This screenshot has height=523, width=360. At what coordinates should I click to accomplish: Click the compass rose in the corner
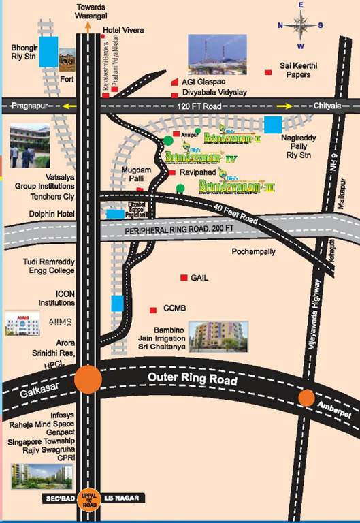(x=300, y=25)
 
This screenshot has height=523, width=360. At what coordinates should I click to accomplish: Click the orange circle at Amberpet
(x=306, y=398)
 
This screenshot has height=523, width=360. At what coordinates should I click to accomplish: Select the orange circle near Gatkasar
(x=88, y=379)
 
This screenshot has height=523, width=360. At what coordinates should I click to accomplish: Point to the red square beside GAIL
(x=183, y=278)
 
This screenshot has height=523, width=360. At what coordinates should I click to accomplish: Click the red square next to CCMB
(x=153, y=308)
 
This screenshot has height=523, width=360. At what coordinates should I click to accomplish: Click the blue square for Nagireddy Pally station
(x=272, y=125)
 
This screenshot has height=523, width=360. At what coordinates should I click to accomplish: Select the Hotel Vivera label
(x=121, y=30)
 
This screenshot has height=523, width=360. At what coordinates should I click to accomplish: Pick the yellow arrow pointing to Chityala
(x=284, y=106)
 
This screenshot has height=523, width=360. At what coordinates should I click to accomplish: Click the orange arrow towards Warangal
(x=88, y=27)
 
